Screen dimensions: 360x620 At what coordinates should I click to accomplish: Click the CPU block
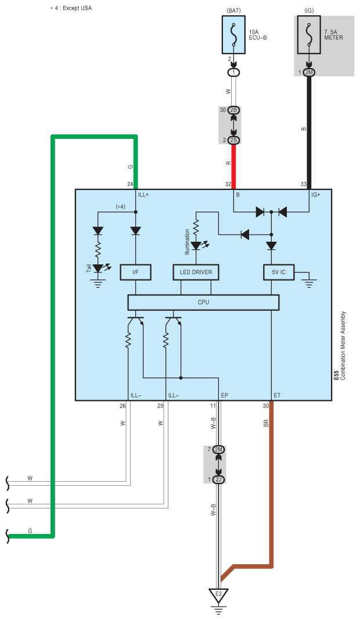(203, 303)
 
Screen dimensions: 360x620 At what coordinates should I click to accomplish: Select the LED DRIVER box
(196, 272)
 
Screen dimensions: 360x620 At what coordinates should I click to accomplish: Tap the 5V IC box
(279, 272)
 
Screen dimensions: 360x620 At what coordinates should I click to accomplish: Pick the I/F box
(135, 272)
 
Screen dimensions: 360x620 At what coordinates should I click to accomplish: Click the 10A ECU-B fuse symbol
(233, 35)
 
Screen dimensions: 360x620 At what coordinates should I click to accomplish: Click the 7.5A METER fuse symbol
(309, 35)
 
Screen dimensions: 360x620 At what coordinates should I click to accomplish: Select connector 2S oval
(233, 141)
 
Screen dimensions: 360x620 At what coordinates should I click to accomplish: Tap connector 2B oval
(233, 110)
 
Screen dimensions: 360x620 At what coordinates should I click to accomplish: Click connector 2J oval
(218, 479)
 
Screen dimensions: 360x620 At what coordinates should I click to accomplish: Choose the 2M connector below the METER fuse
(309, 73)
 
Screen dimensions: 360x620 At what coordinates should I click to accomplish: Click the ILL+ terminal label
(143, 195)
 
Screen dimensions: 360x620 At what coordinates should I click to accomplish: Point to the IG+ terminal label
(316, 195)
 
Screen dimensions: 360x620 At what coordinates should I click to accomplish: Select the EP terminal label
(225, 395)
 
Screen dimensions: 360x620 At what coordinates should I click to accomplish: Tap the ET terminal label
(277, 395)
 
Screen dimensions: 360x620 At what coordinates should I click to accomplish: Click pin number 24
(130, 184)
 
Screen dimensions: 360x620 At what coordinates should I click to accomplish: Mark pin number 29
(160, 406)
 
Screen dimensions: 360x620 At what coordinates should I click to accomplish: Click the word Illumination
(188, 242)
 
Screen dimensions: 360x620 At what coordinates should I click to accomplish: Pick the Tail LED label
(89, 268)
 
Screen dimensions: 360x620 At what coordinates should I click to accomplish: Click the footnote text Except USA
(77, 8)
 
